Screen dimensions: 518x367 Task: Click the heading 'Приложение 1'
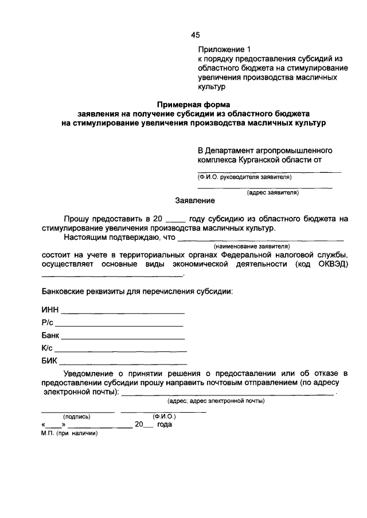[225, 50]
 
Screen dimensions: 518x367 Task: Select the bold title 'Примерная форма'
[194, 104]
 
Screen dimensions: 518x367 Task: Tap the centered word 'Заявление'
[195, 201]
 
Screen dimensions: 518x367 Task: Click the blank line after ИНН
[123, 313]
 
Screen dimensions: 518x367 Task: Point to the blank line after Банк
[124, 338]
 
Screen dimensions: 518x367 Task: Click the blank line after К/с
[120, 350]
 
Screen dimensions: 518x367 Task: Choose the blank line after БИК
[123, 363]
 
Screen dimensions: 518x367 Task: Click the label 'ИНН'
[50, 311]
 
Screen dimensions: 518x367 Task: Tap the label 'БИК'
[50, 362]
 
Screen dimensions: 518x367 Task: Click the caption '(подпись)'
[77, 417]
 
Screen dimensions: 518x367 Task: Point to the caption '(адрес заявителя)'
[272, 193]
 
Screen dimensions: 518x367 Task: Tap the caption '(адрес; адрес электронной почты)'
[215, 401]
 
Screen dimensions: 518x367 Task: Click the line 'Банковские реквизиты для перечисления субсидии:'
[137, 291]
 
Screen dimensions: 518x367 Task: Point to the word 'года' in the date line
[165, 425]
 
